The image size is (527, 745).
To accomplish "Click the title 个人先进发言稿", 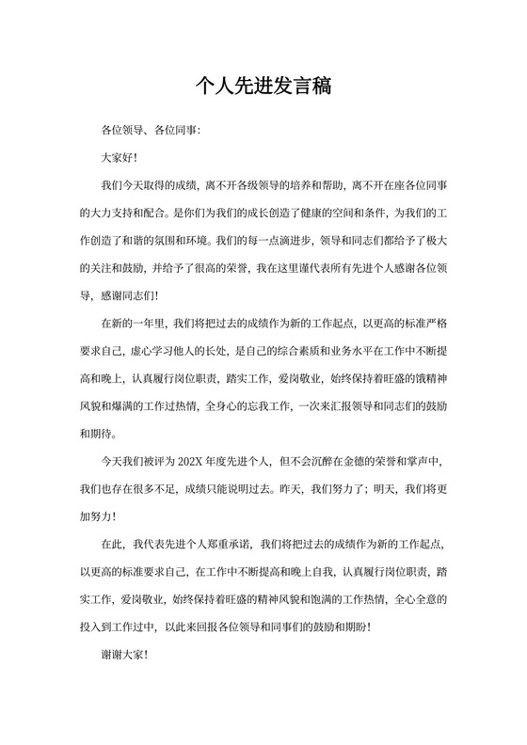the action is click(x=263, y=87).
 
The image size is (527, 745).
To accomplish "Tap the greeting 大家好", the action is click(x=119, y=158).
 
